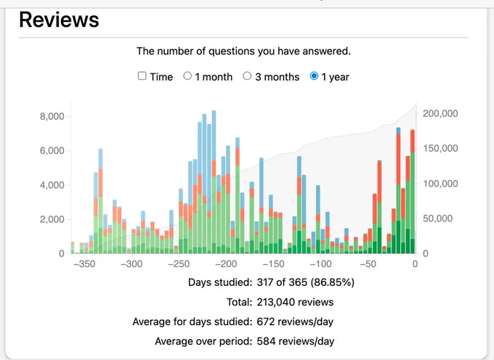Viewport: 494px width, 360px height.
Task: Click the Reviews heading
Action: pos(59,20)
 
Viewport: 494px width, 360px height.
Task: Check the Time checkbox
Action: pos(142,75)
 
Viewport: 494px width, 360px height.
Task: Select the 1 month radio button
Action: pos(187,75)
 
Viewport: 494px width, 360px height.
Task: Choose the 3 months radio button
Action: pos(247,75)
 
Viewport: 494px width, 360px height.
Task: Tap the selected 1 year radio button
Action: pos(314,75)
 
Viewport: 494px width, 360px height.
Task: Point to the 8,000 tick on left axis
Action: pos(52,116)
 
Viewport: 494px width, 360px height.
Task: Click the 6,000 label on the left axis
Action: pos(52,151)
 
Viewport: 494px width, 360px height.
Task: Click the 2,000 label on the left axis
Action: pos(52,219)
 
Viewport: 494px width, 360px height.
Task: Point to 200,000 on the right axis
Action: pos(440,113)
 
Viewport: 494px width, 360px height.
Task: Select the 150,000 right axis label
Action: pos(440,148)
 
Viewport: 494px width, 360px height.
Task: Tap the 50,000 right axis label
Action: pos(437,218)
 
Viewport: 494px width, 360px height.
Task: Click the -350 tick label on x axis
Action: pos(84,263)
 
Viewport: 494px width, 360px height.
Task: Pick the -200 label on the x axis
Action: pos(226,263)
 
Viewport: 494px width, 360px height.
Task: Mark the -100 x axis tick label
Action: pos(320,263)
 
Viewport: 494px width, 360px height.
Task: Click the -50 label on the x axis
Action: pos(368,263)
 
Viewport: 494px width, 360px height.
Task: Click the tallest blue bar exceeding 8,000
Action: pos(214,136)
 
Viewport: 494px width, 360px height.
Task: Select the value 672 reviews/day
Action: pos(295,322)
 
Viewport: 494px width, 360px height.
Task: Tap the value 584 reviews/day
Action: pos(296,341)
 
